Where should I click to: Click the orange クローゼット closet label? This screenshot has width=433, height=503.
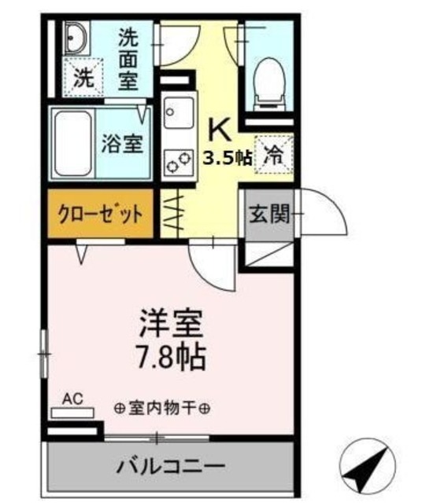(x=100, y=213)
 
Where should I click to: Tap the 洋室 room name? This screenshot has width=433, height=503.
(x=172, y=323)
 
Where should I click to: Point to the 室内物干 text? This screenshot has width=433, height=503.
(x=161, y=409)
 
